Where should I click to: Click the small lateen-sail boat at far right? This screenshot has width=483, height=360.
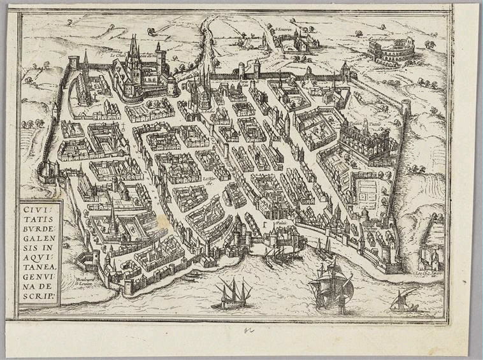point(404,300)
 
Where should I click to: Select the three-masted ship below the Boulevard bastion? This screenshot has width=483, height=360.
point(233,294)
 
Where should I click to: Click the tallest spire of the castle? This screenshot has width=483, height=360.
point(133,48)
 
